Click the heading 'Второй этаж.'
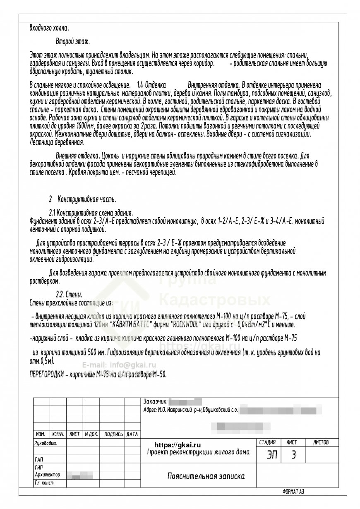coord(73,42)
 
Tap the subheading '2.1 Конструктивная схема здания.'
coord(91,213)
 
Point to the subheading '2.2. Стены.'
coord(69,295)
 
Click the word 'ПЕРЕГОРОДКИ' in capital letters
coord(47,375)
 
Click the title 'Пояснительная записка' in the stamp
coord(206,476)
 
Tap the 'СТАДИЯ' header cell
coord(267,442)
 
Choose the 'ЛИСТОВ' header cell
coord(321,442)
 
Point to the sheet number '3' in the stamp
coord(293,455)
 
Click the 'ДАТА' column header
coord(132,434)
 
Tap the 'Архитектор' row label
coord(48,475)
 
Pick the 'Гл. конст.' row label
coord(45,483)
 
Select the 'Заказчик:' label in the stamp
coord(155,401)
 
